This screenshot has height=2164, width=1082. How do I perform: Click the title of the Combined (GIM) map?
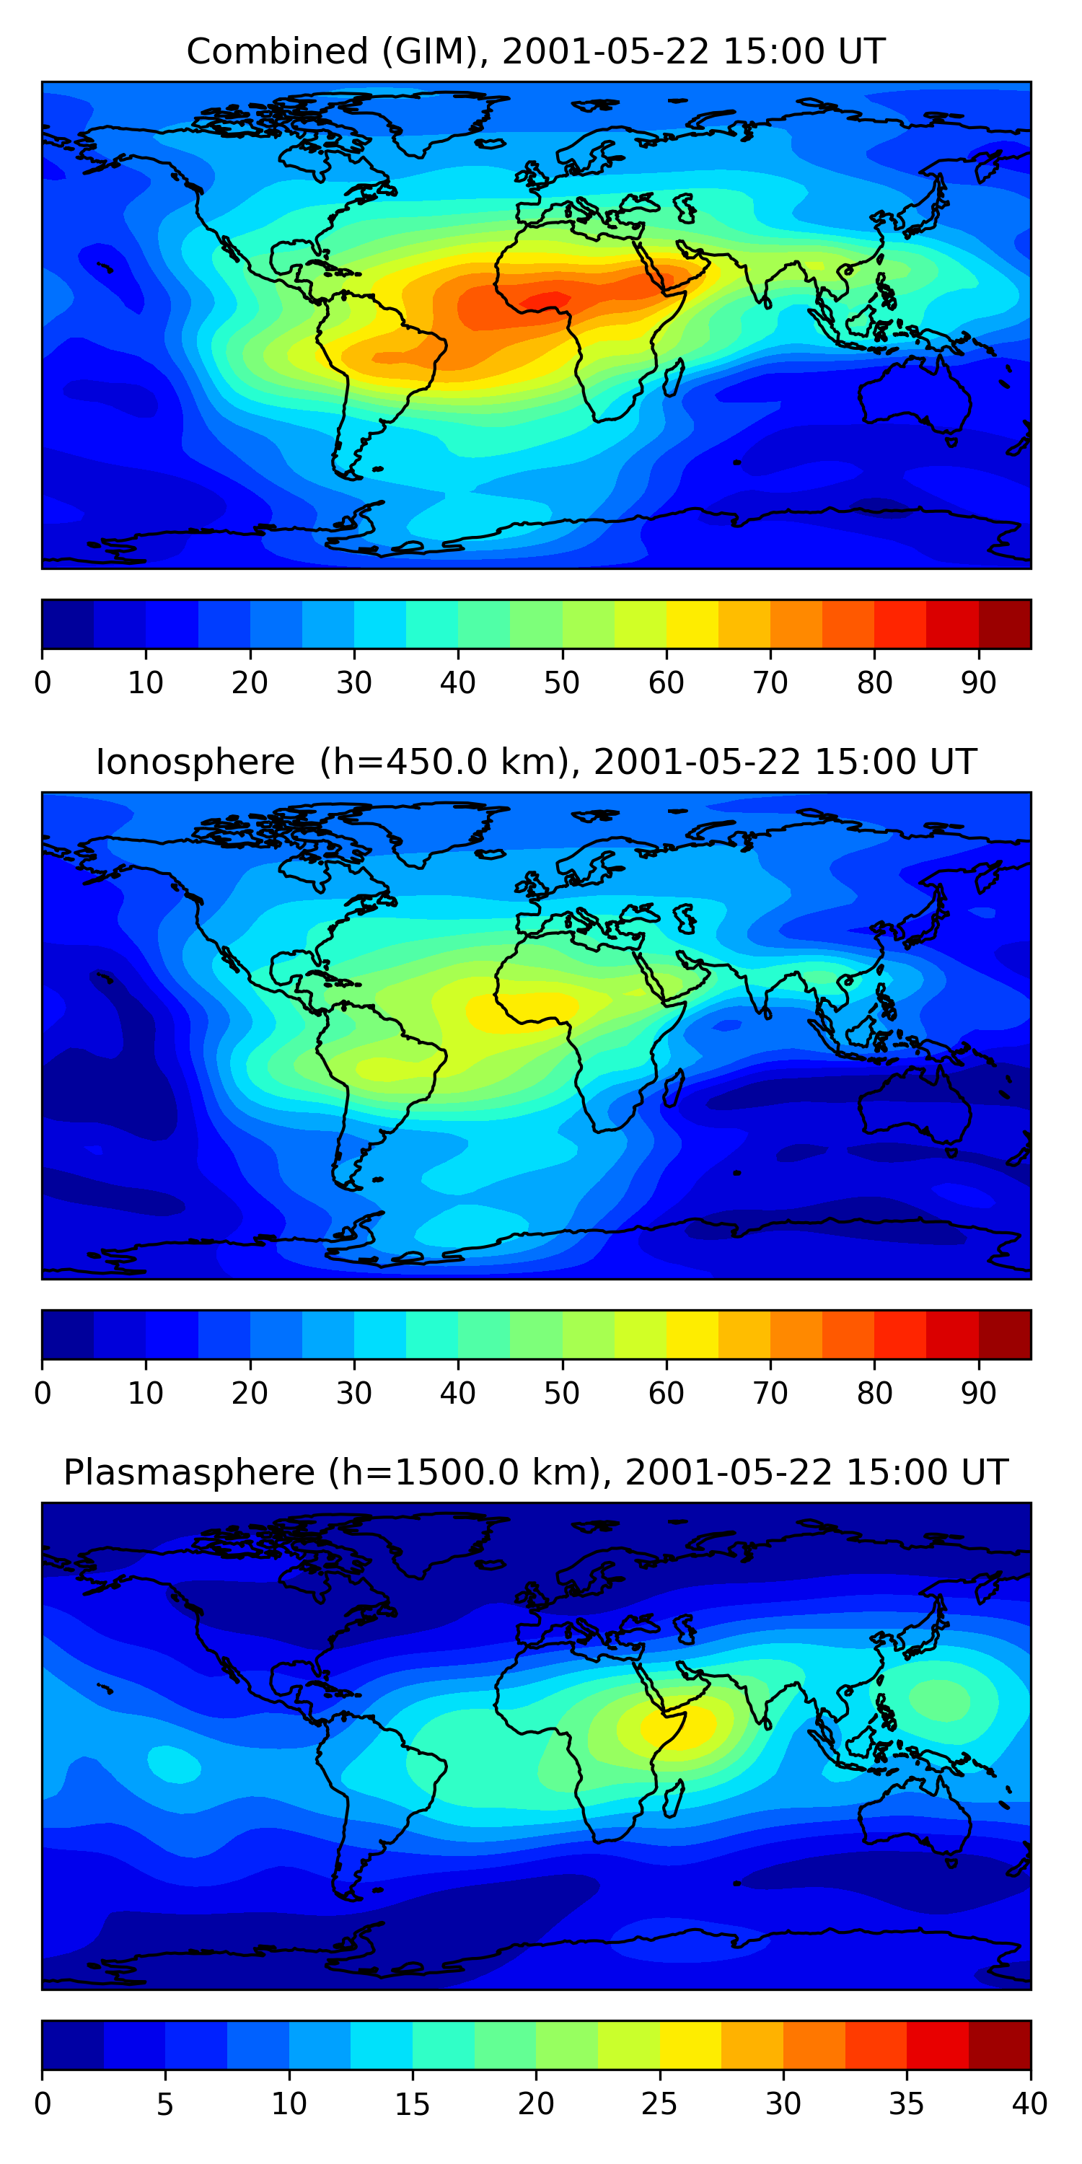coord(535,52)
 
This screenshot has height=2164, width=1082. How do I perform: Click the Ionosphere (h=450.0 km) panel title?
coord(536,762)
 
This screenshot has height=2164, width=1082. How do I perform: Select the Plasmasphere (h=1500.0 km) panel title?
coord(536,1473)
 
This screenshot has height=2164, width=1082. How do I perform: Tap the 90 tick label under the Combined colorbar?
coord(979,683)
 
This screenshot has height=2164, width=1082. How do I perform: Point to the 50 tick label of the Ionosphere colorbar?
coord(562,1394)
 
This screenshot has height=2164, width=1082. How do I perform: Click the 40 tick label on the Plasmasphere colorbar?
coord(1030,2104)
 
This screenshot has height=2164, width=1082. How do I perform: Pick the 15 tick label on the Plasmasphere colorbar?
coord(413,2104)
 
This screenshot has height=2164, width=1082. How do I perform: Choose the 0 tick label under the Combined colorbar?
coord(42,683)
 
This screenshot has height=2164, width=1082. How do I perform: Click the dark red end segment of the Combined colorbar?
coord(1005,624)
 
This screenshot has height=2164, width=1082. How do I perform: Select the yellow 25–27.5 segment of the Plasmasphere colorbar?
coord(690,2046)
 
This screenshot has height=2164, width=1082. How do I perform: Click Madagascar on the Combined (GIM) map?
coord(674,378)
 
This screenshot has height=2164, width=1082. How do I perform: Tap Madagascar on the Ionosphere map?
coord(674,1088)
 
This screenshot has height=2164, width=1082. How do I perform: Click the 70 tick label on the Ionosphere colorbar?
coord(770,1394)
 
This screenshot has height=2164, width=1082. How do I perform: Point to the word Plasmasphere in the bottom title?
coord(190,1474)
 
